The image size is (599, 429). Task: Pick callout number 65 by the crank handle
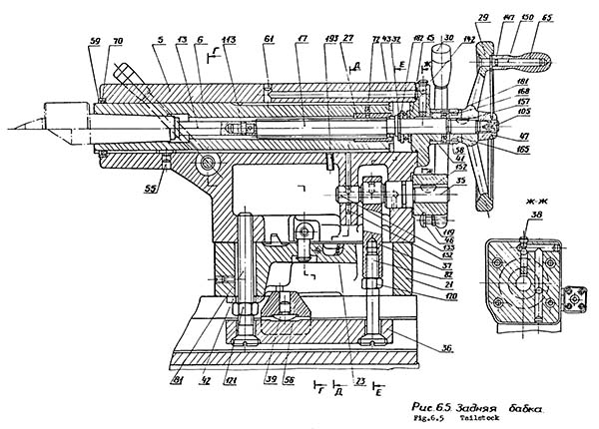pyautogui.click(x=573, y=19)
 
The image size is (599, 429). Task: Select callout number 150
pyautogui.click(x=554, y=19)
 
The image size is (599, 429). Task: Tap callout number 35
pyautogui.click(x=433, y=184)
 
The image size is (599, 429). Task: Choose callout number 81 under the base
pyautogui.click(x=180, y=378)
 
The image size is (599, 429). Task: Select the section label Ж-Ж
pyautogui.click(x=522, y=200)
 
